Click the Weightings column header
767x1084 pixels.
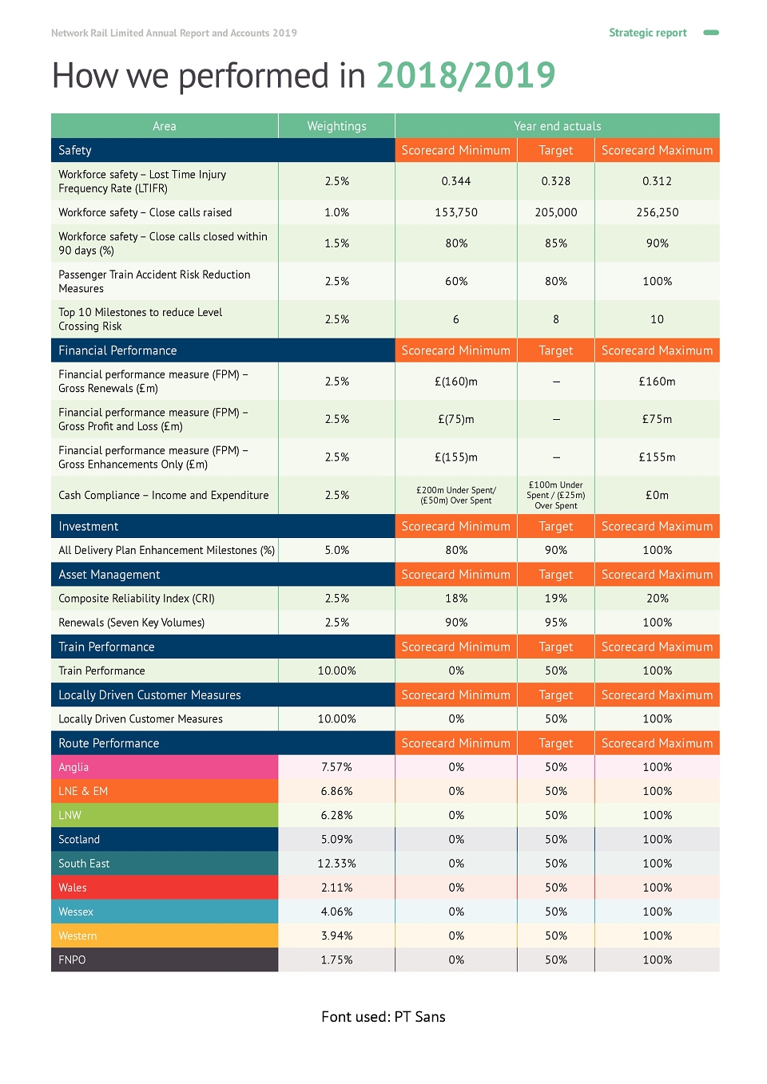336,126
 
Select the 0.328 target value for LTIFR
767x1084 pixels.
555,181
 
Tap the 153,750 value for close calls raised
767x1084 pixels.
455,212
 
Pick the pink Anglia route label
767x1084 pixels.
74,766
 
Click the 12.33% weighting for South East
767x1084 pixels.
336,863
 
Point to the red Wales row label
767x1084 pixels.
73,887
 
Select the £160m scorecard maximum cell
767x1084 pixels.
657,381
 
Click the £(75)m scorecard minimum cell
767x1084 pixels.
455,419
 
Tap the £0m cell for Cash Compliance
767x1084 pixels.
657,495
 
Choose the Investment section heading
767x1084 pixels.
88,526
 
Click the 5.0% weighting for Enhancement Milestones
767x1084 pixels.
336,550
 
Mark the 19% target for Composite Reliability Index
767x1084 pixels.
555,598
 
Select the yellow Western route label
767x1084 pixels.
77,936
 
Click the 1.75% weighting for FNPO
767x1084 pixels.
336,959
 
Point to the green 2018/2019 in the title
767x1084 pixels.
466,75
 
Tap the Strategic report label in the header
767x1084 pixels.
647,33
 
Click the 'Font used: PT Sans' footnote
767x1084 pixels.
383,1016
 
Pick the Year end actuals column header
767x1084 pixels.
557,126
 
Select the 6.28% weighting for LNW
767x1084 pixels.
336,815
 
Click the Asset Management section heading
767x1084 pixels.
109,575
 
